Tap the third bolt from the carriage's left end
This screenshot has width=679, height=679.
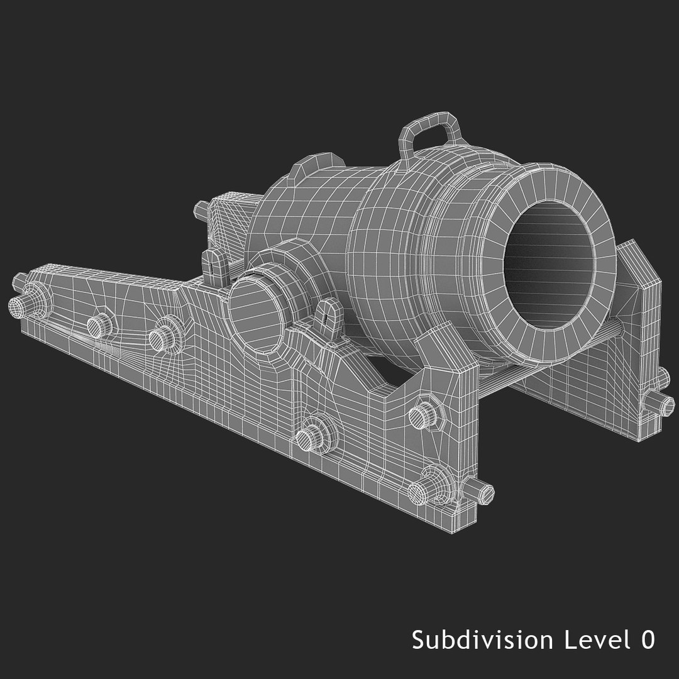[162, 337]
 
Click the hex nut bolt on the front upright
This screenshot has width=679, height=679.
[422, 412]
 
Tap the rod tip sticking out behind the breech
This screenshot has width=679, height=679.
[201, 207]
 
